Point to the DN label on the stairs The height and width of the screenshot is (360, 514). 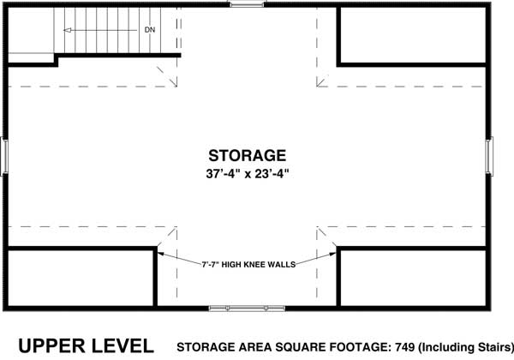coord(150,29)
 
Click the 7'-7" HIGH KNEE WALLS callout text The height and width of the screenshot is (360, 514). coord(248,264)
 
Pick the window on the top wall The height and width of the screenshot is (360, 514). coord(248,6)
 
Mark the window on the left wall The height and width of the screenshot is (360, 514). coord(6,156)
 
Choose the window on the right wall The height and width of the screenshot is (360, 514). coord(492,156)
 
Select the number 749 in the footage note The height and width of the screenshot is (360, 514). coord(383,346)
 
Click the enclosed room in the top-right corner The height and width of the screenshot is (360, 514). coord(415,35)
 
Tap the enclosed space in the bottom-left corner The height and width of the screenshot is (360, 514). coord(81,277)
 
